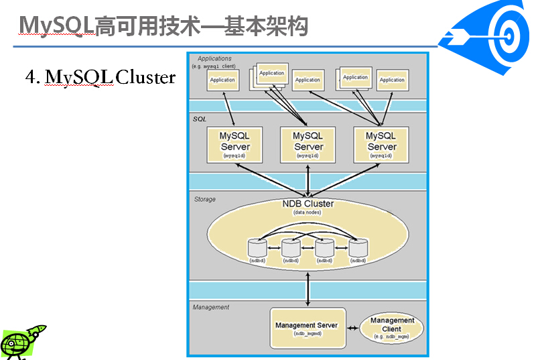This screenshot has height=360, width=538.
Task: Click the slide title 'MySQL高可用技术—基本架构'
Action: tap(163, 25)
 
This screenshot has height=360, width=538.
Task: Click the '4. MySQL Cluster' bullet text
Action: tap(100, 78)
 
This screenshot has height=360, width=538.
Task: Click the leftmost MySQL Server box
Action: tap(234, 144)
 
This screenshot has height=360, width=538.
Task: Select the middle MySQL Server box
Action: tap(308, 144)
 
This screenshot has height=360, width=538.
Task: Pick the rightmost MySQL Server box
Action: tap(381, 144)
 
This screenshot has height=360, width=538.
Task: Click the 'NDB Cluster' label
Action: tap(308, 204)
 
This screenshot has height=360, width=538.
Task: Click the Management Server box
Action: tap(308, 328)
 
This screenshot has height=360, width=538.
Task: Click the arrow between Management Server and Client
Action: tap(352, 326)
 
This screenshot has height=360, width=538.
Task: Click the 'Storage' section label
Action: tap(204, 199)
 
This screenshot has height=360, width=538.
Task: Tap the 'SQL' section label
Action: tap(199, 119)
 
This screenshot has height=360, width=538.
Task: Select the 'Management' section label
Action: tap(210, 307)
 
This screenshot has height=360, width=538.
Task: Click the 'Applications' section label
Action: tap(214, 59)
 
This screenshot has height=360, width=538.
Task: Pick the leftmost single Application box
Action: tap(222, 80)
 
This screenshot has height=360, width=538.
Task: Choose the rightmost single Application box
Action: tap(392, 80)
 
